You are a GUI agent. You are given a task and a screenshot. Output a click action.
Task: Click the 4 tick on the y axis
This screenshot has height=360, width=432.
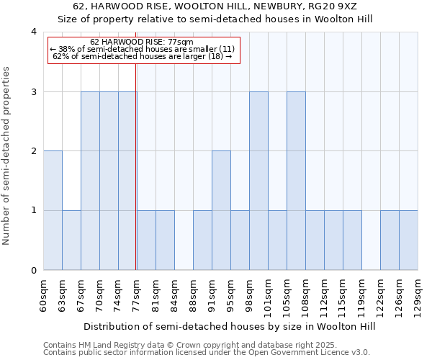coord(34,32)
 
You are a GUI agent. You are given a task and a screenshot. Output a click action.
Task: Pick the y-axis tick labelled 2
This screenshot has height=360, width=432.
coord(34,151)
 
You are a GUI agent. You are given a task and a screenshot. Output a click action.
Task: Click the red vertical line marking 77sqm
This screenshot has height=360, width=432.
coord(136,180)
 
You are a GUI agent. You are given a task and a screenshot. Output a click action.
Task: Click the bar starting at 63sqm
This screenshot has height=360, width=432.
coord(71,240)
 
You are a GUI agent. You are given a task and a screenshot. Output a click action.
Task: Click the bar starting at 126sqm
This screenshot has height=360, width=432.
coord(390,240)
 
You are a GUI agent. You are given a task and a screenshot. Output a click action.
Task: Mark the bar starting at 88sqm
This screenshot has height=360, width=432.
coord(202,240)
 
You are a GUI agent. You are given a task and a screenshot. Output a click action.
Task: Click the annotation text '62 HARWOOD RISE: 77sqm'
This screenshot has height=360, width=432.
coord(142,42)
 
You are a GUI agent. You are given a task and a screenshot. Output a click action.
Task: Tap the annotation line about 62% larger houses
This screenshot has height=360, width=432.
coord(142,56)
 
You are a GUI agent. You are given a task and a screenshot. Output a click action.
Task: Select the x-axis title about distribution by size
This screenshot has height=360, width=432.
coord(230,326)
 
